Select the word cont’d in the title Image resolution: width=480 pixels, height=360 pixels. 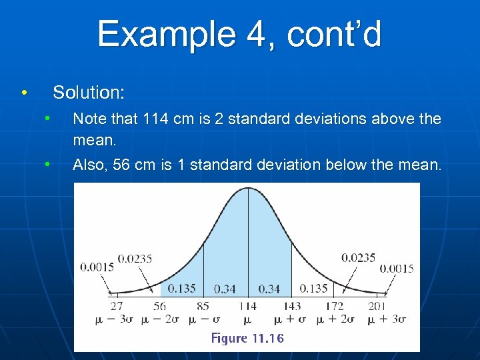tap(335, 34)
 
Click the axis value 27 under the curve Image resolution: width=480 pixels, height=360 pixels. tap(116, 306)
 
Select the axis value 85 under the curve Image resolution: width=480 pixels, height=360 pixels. tap(203, 306)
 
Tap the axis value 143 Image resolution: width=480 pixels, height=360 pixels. tap(291, 306)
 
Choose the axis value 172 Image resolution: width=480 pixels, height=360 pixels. tap(335, 306)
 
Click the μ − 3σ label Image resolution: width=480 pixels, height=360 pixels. tap(115, 319)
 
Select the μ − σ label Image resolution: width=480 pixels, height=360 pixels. tap(203, 319)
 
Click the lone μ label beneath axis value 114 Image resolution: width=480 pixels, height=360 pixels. tap(247, 319)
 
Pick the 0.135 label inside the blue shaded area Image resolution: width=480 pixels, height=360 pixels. tap(181, 289)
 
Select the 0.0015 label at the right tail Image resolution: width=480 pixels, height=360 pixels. tap(397, 269)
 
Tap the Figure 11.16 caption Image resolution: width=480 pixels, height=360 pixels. tap(247, 338)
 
